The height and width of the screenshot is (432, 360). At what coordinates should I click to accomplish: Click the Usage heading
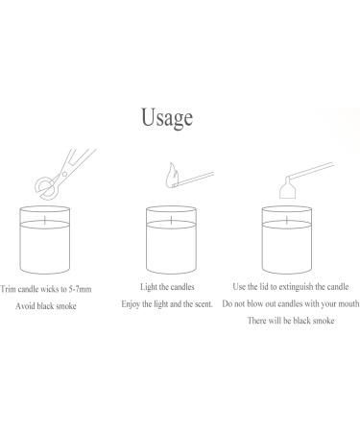167,118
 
